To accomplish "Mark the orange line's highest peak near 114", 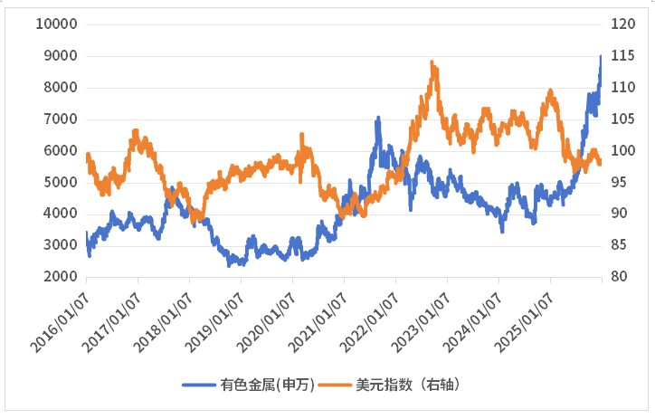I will pos(432,62).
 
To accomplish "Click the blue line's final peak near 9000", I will pos(602,56).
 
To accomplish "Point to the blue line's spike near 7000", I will pos(378,118).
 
